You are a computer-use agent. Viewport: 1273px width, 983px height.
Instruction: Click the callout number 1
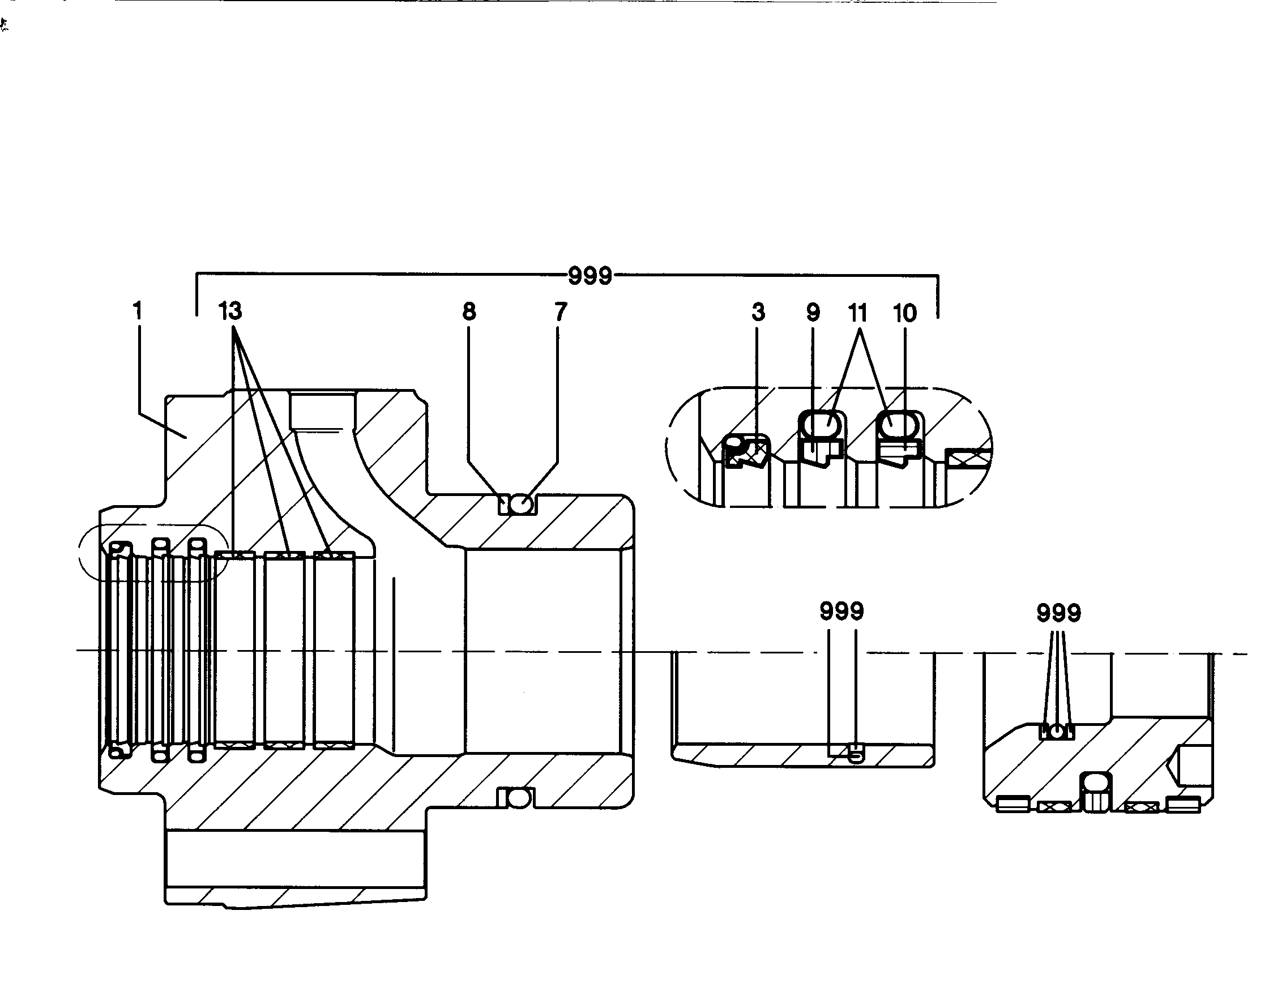(x=137, y=311)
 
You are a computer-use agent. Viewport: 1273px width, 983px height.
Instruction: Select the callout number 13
(x=230, y=311)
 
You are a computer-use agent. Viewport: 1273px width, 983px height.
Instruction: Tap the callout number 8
(x=469, y=312)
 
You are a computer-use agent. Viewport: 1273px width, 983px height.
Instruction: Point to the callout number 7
(x=560, y=312)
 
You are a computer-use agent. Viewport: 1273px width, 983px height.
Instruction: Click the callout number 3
(x=758, y=313)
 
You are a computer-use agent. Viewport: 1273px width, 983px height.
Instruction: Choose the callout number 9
(x=813, y=313)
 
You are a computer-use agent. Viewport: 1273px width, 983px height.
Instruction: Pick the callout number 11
(x=857, y=314)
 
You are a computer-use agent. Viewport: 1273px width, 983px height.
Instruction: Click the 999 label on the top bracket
(x=590, y=276)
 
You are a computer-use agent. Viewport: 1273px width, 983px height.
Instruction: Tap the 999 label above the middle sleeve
(x=841, y=611)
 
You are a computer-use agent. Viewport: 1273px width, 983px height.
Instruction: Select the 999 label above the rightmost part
(x=1059, y=613)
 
